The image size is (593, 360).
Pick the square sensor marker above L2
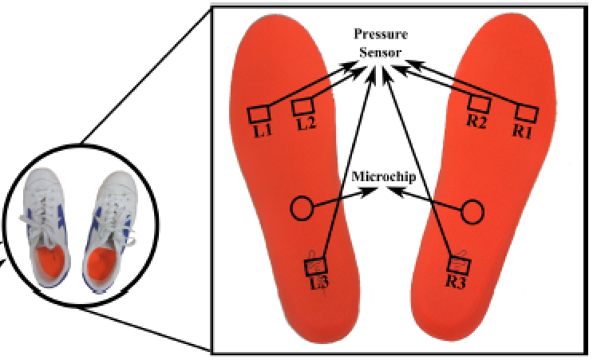(302, 107)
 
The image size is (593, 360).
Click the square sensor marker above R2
(477, 105)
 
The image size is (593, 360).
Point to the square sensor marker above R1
(524, 113)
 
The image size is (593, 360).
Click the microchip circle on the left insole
(300, 209)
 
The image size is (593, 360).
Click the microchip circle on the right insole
(473, 212)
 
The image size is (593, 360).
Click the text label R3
(457, 281)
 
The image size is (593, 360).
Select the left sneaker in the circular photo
(48, 231)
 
